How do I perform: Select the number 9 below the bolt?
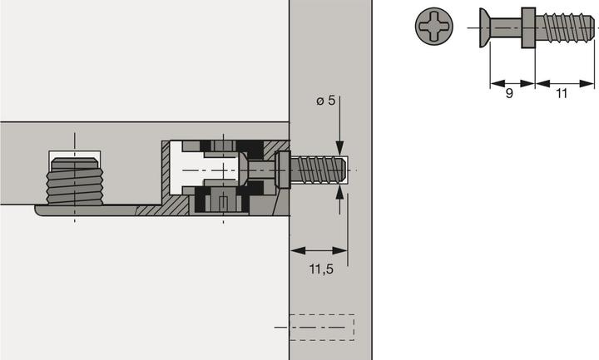pos(509,94)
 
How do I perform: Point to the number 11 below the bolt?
pos(562,94)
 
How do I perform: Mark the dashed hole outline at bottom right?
pos(320,328)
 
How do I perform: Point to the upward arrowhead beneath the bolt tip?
pos(339,193)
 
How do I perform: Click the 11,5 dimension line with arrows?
pos(318,250)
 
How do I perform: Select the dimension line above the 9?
pos(509,82)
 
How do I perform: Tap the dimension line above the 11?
pos(565,82)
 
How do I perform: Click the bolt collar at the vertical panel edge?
pos(282,170)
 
